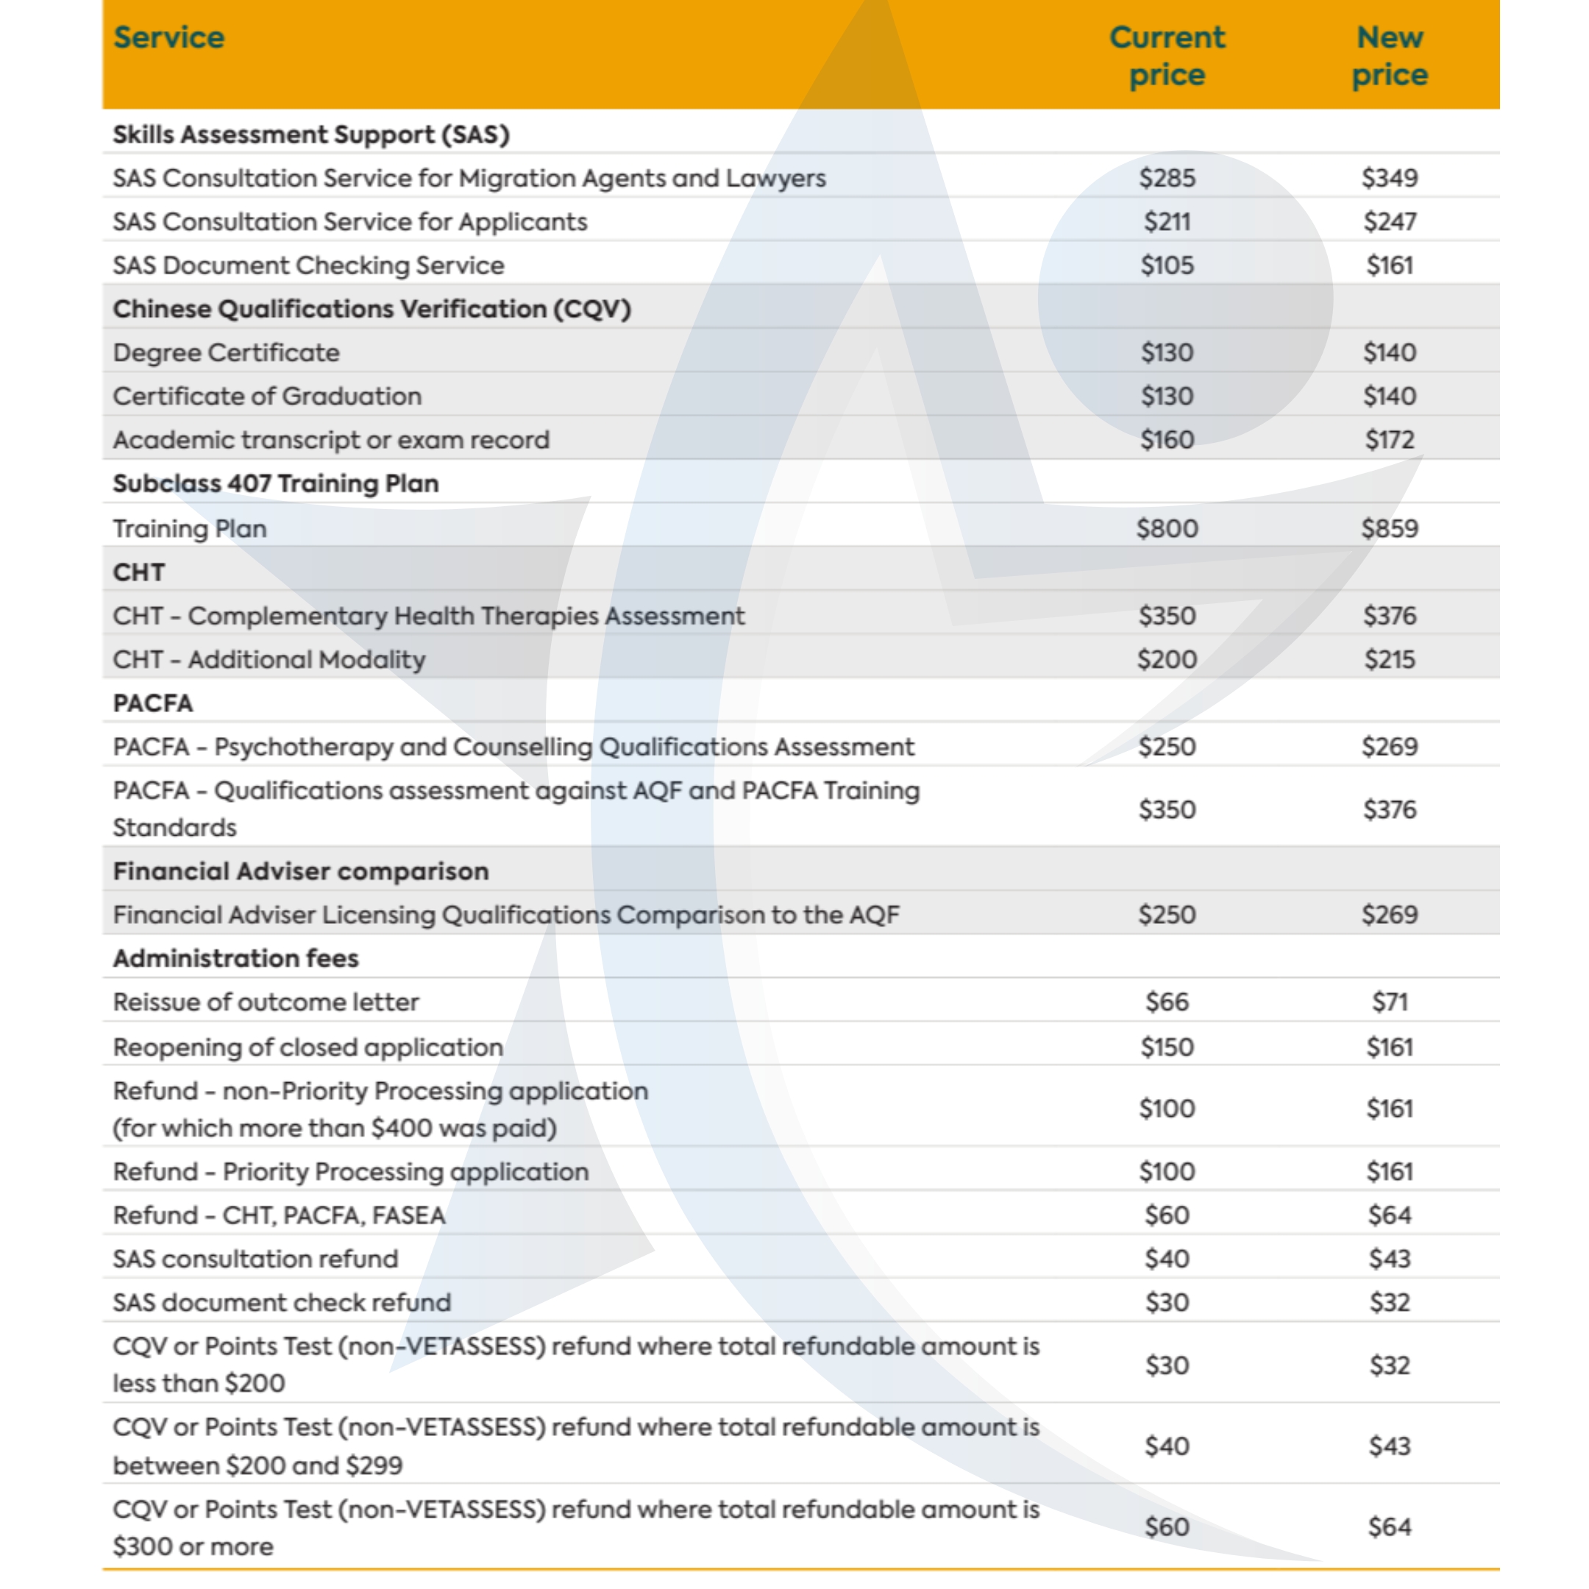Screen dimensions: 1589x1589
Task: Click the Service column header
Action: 168,38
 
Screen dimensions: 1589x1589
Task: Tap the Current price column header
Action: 1166,56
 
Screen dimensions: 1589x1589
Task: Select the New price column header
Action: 1389,56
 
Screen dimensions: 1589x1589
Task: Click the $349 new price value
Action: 1389,177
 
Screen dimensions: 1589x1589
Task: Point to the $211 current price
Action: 1166,222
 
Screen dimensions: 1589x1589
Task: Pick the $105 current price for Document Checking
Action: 1166,266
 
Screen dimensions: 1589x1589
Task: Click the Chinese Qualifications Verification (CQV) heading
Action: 372,309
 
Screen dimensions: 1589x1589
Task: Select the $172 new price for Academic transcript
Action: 1389,440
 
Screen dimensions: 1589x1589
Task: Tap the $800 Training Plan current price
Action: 1166,528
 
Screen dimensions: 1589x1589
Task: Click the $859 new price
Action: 1389,528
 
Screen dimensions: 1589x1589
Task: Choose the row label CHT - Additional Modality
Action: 269,660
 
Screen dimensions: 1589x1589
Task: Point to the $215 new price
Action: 1389,660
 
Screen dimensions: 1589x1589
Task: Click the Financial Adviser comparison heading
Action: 300,871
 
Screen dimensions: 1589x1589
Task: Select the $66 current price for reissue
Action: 1166,1002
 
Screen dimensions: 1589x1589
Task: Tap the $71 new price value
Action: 1389,1002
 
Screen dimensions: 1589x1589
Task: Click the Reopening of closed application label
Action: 308,1047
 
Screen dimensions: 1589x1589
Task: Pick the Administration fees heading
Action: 235,958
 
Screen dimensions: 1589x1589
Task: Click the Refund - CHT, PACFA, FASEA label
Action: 279,1215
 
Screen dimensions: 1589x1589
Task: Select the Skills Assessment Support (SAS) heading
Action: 311,135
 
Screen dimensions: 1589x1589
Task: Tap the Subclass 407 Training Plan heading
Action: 276,483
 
